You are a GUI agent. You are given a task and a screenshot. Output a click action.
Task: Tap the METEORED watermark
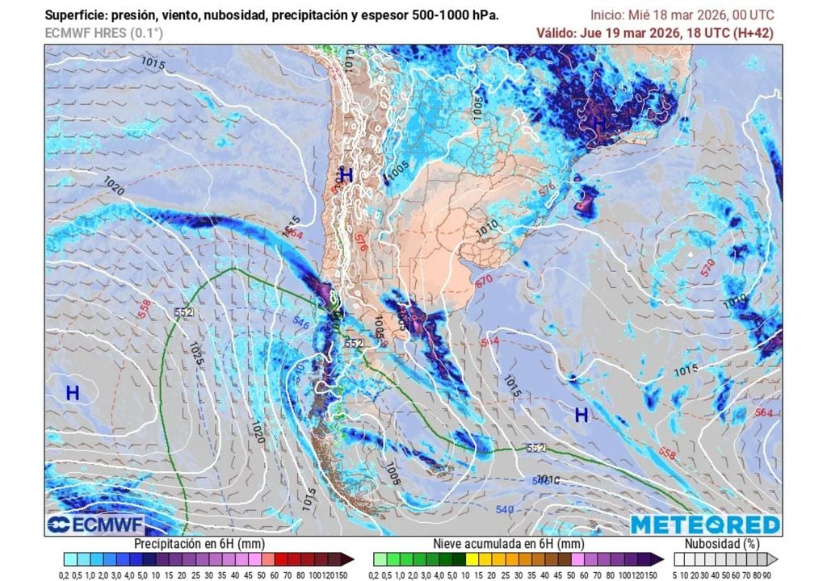click(705, 525)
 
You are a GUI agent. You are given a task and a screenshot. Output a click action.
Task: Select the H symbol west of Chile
click(73, 393)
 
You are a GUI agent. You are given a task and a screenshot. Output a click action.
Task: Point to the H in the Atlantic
click(581, 415)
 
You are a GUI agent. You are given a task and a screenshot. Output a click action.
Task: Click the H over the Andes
click(346, 174)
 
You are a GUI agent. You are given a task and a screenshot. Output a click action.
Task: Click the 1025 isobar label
click(195, 352)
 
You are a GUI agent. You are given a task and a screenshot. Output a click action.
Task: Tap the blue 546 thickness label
click(301, 324)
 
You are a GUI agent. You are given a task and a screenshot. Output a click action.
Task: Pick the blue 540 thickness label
click(505, 509)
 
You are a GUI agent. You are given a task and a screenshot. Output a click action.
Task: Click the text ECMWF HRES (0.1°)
click(103, 33)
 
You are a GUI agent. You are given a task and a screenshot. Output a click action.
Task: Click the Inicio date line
click(682, 15)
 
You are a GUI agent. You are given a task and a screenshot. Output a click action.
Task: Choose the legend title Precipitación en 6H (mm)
click(208, 544)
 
